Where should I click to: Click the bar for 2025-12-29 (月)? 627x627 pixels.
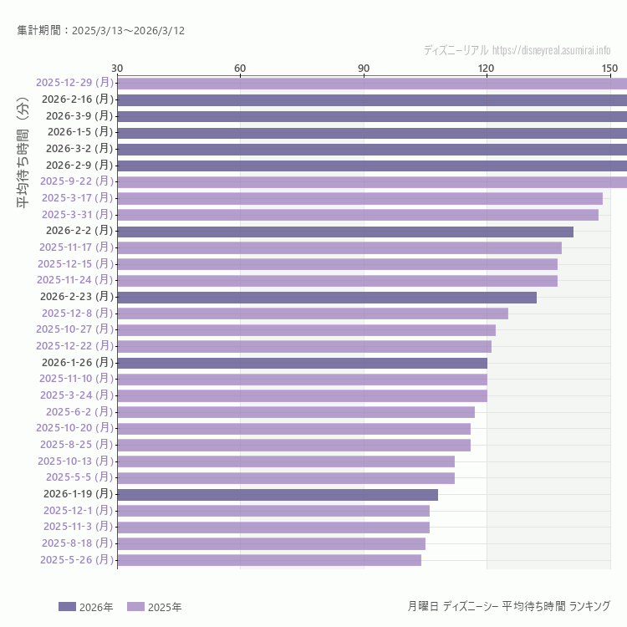point(372,83)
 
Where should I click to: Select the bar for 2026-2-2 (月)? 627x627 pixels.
point(345,231)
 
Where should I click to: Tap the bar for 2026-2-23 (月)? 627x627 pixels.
point(327,297)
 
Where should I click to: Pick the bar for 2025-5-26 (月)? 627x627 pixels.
point(269,560)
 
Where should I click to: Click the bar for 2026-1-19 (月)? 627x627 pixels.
point(278,494)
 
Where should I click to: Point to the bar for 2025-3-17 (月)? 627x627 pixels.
point(359,198)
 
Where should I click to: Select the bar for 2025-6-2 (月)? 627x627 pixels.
point(296,412)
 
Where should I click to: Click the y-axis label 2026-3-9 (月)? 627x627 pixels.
point(79,115)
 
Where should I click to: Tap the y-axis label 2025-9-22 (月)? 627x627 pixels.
point(77,181)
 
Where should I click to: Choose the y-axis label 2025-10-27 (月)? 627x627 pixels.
point(74,329)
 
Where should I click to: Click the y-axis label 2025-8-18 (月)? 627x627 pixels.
point(77,543)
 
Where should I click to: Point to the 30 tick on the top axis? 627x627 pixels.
point(117,68)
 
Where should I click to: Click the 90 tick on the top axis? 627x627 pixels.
point(364,68)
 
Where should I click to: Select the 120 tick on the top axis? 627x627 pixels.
point(487,68)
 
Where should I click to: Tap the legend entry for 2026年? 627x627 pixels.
point(86,607)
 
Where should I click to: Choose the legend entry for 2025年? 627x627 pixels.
point(155,607)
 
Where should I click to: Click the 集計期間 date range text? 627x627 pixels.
point(101,30)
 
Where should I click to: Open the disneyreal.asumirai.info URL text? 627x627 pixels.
point(552,50)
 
